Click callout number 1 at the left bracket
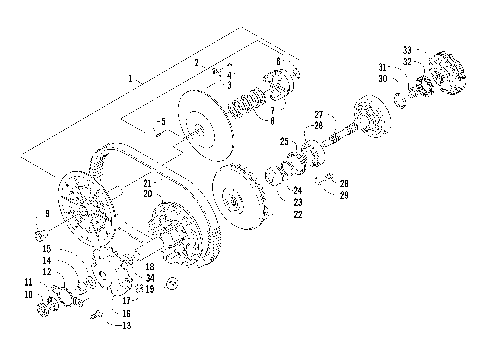[130, 77]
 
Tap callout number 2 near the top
[197, 63]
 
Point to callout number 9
[46, 214]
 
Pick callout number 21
[146, 184]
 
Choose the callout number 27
[319, 115]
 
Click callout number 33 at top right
[407, 50]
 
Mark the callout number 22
[297, 212]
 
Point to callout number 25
[284, 141]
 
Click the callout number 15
[46, 248]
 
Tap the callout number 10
[28, 295]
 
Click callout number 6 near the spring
[277, 61]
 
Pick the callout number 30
[383, 78]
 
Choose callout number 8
[271, 120]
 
